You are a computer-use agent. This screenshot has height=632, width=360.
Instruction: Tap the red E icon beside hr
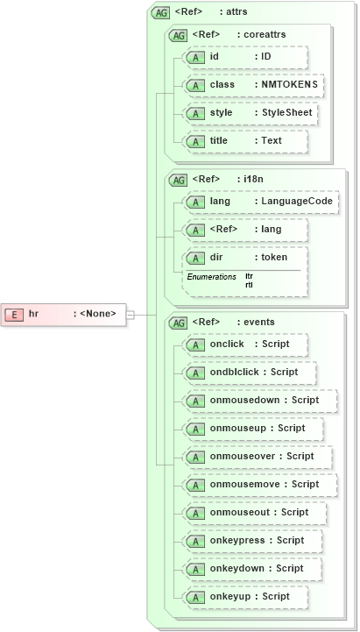pyautogui.click(x=13, y=314)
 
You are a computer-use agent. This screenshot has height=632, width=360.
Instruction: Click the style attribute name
pyautogui.click(x=221, y=113)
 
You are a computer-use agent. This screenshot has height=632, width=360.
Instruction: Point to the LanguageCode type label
pyautogui.click(x=297, y=202)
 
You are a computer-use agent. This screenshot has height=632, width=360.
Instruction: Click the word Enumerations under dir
pyautogui.click(x=211, y=277)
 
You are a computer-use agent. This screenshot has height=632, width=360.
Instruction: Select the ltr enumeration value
pyautogui.click(x=249, y=276)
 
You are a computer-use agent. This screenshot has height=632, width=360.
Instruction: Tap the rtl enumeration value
pyautogui.click(x=249, y=285)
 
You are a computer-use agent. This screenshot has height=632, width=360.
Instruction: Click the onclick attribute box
pyautogui.click(x=245, y=344)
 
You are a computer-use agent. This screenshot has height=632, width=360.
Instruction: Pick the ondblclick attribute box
pyautogui.click(x=249, y=373)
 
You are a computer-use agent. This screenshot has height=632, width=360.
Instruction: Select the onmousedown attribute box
pyautogui.click(x=259, y=401)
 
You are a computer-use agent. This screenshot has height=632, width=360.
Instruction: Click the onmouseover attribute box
pyautogui.click(x=257, y=457)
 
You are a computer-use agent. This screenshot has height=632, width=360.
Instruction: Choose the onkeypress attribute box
pyautogui.click(x=251, y=541)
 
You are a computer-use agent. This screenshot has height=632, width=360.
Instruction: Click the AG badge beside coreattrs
pyautogui.click(x=178, y=35)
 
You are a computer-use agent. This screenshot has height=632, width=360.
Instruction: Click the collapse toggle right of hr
pyautogui.click(x=130, y=314)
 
